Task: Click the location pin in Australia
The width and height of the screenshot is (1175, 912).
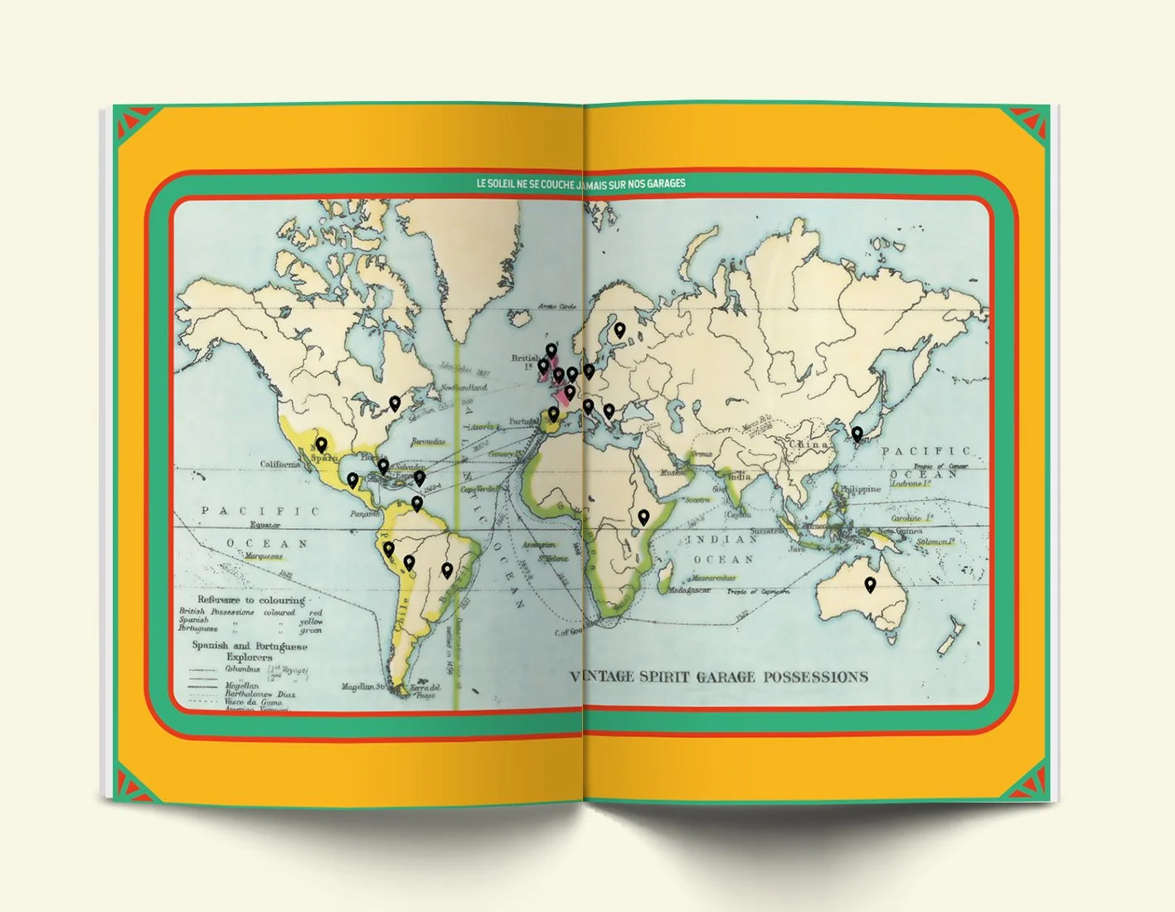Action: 870,585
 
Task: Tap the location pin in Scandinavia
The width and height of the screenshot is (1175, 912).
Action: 619,330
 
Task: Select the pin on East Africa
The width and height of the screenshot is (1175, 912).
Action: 643,517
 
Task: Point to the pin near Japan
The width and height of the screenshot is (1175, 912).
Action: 857,433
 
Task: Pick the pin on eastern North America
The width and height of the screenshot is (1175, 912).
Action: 395,403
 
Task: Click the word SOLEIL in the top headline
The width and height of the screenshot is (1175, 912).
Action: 508,182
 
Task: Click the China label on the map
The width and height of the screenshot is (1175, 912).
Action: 808,444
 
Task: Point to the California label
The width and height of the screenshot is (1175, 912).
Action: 280,464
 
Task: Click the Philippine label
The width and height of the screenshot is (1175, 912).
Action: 861,489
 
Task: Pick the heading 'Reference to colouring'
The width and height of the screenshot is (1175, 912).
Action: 250,599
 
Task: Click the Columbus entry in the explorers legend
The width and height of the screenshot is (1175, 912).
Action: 243,669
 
